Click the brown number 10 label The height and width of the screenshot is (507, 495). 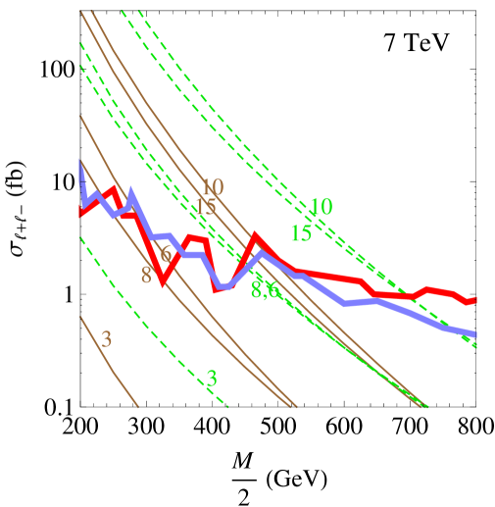pos(212,187)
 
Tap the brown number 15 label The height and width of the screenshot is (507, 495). pos(205,208)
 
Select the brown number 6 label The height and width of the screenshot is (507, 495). pos(166,253)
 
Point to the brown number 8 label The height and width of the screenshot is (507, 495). pos(146,276)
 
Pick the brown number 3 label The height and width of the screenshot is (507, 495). pos(106,339)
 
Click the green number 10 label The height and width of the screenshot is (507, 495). pos(321,208)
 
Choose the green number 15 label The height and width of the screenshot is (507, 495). pos(301,233)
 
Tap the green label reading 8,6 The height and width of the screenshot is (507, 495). pos(265,290)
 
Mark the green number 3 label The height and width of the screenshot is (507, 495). pos(211,379)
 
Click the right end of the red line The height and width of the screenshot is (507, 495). pos(476,299)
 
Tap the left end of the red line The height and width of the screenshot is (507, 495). pos(79,212)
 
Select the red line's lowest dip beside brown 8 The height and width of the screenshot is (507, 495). pos(162,283)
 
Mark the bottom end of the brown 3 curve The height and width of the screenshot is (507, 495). pos(138,405)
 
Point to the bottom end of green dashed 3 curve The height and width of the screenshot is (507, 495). pos(227,405)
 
